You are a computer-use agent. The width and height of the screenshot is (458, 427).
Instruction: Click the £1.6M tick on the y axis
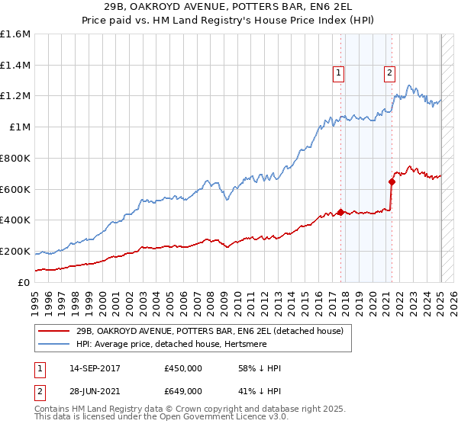(15, 34)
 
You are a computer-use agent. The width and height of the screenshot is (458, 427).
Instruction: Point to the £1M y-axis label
(21, 127)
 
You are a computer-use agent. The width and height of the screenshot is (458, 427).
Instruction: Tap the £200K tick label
(15, 251)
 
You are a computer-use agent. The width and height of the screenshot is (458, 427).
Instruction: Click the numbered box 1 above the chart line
(338, 73)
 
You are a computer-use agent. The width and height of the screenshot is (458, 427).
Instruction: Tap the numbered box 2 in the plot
(389, 73)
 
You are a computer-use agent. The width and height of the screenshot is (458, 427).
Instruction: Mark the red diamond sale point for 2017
(341, 211)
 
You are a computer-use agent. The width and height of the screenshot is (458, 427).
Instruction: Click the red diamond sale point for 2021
(392, 181)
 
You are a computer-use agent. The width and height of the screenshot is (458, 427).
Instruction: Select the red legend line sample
(54, 332)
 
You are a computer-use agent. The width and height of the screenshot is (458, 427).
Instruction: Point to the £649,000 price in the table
(183, 391)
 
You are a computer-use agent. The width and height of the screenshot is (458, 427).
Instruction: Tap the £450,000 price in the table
(183, 368)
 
